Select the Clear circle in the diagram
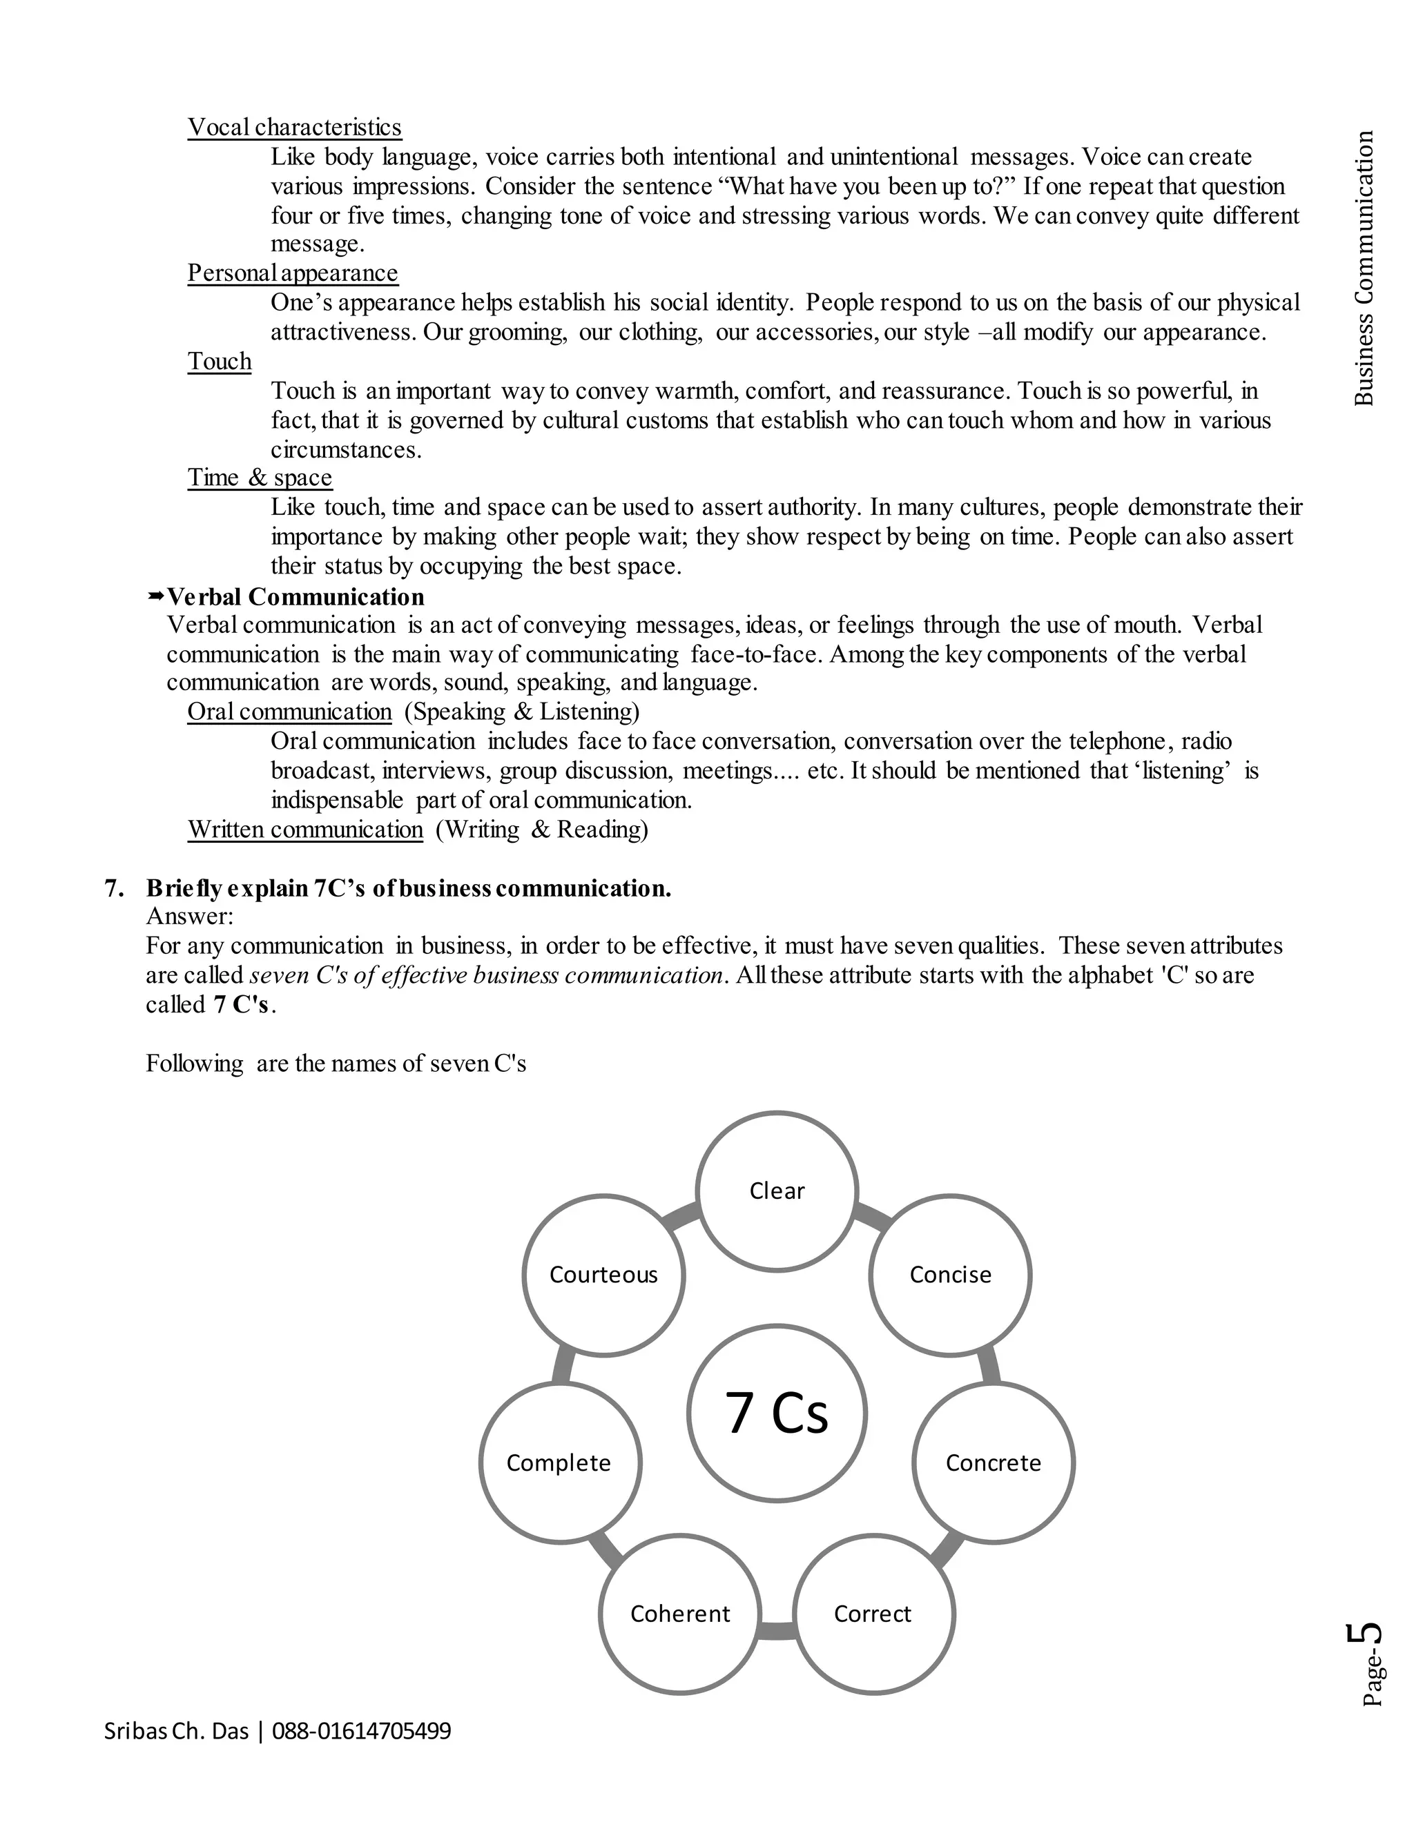point(777,1191)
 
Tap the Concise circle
point(950,1275)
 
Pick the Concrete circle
point(993,1463)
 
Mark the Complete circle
point(559,1463)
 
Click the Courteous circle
point(603,1275)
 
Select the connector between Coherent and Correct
point(777,1630)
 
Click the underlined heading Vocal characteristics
point(294,127)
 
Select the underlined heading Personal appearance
point(292,273)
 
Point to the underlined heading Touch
point(220,361)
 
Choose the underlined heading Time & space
point(260,478)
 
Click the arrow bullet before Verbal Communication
point(156,596)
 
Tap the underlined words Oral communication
point(289,712)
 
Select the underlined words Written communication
point(305,829)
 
